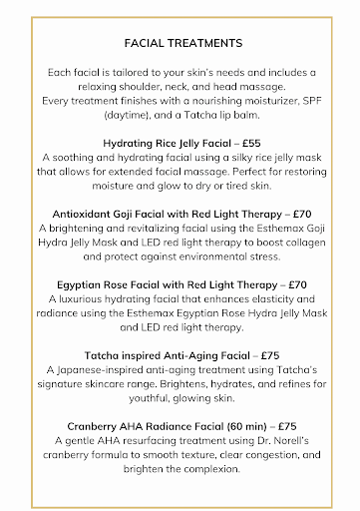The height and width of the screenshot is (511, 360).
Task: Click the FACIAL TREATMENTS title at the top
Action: [x=180, y=45]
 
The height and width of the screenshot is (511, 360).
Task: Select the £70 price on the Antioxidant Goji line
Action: [x=276, y=214]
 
